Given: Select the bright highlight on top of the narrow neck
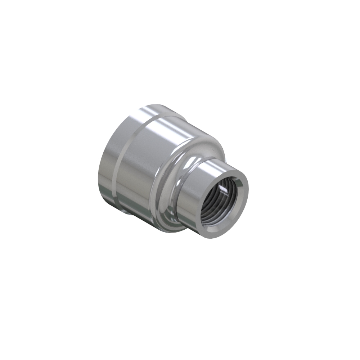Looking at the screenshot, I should (209, 164).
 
